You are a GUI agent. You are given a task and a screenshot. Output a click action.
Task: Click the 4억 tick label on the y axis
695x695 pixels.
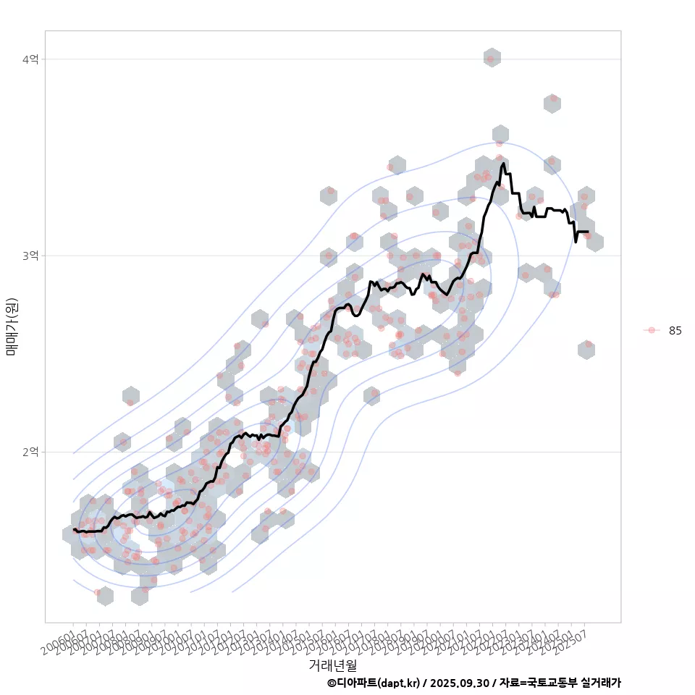pyautogui.click(x=30, y=59)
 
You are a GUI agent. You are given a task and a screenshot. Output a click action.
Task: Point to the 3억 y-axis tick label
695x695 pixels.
pyautogui.click(x=30, y=256)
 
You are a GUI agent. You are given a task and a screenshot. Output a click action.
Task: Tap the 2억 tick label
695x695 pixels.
pyautogui.click(x=30, y=452)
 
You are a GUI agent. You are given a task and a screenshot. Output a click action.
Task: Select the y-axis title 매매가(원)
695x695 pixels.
pyautogui.click(x=12, y=326)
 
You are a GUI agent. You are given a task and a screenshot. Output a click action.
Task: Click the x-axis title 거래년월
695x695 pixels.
pyautogui.click(x=332, y=665)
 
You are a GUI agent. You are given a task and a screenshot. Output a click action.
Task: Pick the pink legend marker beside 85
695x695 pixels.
pyautogui.click(x=652, y=330)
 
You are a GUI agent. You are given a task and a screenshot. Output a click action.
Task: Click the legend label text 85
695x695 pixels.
pyautogui.click(x=675, y=330)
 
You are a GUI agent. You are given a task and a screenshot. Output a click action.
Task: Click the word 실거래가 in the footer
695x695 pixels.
pyautogui.click(x=601, y=683)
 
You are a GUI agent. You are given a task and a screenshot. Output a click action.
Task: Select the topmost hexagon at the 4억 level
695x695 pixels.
pyautogui.click(x=492, y=58)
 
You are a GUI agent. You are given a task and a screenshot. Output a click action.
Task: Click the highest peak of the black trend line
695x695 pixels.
pyautogui.click(x=503, y=164)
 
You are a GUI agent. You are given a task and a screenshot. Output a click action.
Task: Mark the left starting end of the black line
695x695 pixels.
pyautogui.click(x=74, y=529)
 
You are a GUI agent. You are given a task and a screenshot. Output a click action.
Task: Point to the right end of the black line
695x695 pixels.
pyautogui.click(x=587, y=232)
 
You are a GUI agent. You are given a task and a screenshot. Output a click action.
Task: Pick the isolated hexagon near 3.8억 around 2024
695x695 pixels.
pyautogui.click(x=552, y=103)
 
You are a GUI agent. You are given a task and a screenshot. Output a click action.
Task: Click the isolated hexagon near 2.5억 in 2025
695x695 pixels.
pyautogui.click(x=586, y=350)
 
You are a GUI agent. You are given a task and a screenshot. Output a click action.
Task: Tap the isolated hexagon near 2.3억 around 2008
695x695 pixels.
pyautogui.click(x=130, y=396)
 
